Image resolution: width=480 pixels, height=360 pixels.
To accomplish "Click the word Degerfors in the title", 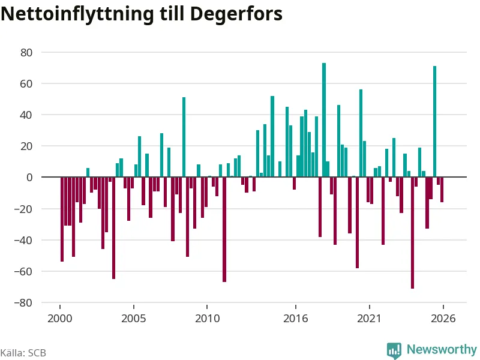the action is click(x=236, y=14).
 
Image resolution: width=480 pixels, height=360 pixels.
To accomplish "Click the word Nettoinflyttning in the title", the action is click(x=77, y=14).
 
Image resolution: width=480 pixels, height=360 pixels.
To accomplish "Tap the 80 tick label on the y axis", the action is click(x=26, y=53).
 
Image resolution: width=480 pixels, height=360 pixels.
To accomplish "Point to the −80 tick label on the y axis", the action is click(x=23, y=303).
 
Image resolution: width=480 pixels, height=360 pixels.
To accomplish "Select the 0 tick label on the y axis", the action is click(x=29, y=177).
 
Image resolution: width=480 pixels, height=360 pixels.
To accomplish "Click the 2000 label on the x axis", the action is click(x=59, y=319).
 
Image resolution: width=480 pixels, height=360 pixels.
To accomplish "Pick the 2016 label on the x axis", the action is click(x=295, y=319).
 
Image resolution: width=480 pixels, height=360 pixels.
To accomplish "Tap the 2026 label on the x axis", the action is click(x=443, y=319).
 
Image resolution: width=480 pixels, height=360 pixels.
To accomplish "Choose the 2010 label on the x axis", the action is click(x=207, y=319).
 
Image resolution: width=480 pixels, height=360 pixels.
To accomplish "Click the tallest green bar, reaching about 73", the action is click(x=324, y=120).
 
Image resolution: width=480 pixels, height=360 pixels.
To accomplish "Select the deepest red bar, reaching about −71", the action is click(x=412, y=233).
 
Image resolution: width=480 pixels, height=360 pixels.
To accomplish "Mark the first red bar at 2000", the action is click(x=62, y=219).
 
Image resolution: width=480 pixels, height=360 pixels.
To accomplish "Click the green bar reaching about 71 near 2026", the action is click(x=434, y=122).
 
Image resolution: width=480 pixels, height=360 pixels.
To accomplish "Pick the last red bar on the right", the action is click(x=442, y=190).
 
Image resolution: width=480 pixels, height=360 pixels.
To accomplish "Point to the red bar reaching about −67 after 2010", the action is click(x=224, y=229).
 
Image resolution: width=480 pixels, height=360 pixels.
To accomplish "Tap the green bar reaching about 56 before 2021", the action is click(x=361, y=133).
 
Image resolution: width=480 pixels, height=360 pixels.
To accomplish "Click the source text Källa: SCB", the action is click(x=23, y=353).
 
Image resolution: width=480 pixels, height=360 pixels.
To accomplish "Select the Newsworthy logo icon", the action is click(x=394, y=350).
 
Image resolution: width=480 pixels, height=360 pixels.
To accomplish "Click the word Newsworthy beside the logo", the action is click(x=442, y=349).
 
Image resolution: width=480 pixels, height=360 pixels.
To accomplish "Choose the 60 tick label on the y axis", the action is click(x=26, y=84).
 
